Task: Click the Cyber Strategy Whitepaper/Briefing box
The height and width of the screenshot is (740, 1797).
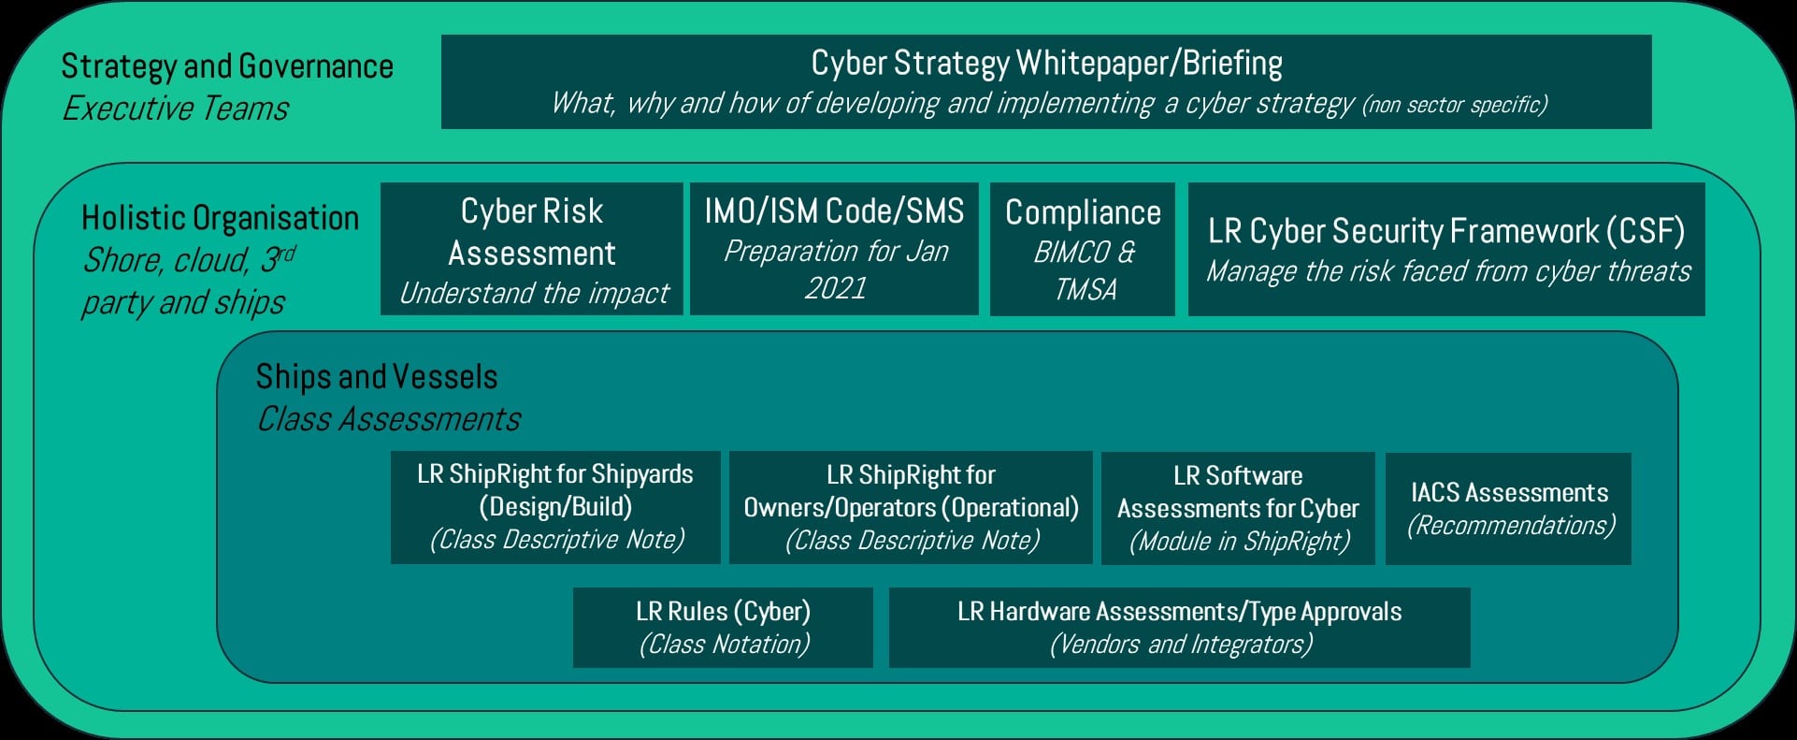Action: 1046,81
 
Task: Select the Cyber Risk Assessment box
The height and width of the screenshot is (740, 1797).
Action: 532,249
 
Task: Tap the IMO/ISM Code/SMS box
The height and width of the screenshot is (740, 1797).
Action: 834,249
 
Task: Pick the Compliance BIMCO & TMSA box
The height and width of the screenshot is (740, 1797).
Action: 1083,249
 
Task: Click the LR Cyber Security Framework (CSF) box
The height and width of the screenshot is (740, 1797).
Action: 1446,249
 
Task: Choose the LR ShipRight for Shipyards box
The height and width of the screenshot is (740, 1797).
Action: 555,508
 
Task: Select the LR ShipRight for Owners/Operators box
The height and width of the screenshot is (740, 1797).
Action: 911,508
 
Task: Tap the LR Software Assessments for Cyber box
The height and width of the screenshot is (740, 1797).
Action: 1238,508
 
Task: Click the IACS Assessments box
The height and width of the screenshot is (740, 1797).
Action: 1508,508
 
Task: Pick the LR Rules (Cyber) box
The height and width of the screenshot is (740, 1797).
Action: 723,628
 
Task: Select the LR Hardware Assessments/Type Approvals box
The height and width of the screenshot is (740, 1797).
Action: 1179,628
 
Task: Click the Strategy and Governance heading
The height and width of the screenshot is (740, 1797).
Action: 227,66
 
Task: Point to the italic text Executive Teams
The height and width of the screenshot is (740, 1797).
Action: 176,109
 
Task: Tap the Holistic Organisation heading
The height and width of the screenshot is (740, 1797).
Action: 221,218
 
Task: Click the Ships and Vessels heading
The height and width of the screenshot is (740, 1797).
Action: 377,377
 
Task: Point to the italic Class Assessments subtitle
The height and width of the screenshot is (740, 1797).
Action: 389,419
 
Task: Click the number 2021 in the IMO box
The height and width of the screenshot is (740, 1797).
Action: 836,287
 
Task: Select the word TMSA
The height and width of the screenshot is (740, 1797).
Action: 1085,290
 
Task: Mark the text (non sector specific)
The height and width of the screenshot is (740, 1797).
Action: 1455,105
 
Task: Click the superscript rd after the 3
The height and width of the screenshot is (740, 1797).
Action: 287,253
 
